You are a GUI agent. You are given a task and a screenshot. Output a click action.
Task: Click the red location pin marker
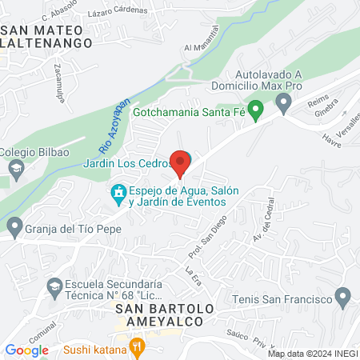[x=180, y=162]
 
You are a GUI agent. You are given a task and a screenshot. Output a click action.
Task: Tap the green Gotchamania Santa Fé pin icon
[x=255, y=110]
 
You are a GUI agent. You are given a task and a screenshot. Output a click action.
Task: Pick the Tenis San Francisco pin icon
[x=343, y=299]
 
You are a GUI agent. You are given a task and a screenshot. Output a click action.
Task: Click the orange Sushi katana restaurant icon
[x=138, y=348]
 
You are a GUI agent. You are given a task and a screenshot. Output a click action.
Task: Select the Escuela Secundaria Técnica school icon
[x=54, y=286]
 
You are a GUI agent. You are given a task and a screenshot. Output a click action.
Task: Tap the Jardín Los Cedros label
[x=126, y=164]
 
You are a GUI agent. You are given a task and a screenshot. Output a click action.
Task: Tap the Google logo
[x=26, y=350]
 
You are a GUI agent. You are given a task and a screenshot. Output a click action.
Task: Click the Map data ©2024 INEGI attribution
[x=312, y=354]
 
